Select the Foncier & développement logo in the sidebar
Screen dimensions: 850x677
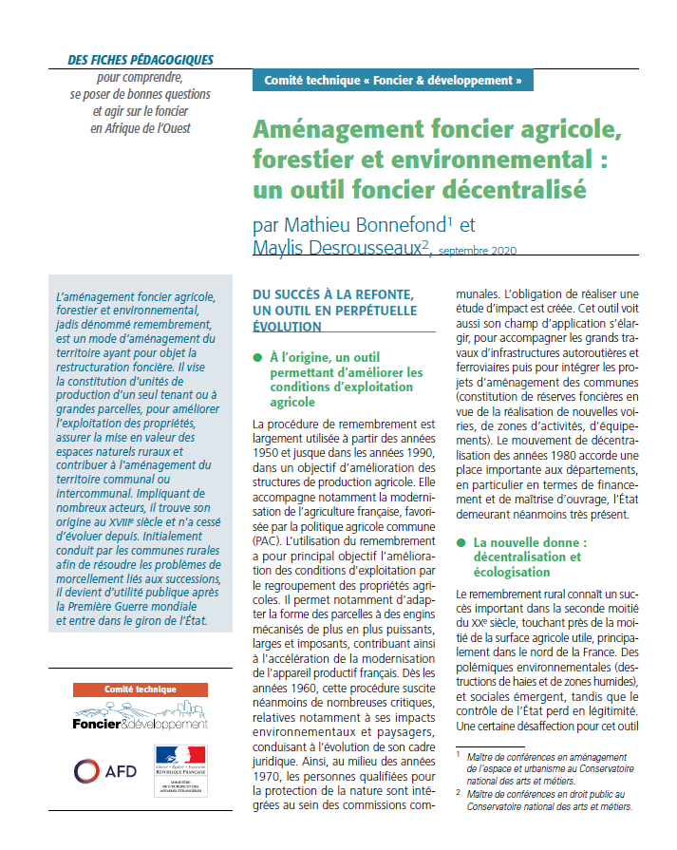(140, 717)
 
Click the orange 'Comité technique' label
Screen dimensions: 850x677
(140, 689)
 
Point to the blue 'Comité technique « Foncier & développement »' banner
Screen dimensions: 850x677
(392, 81)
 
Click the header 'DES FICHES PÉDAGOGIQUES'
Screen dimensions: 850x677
(141, 60)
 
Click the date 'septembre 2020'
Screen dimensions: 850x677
(479, 251)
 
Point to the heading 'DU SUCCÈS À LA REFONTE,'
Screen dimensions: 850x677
(337, 293)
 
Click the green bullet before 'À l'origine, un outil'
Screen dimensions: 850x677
(256, 357)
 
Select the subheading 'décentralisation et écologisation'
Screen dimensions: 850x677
(528, 564)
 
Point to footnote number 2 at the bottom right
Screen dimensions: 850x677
(458, 792)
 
